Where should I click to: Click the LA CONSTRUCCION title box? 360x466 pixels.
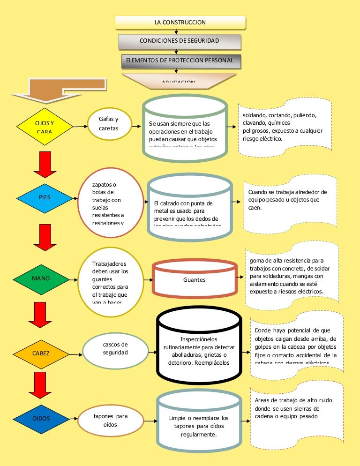click(x=180, y=23)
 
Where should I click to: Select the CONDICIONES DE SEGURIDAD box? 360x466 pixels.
click(x=180, y=41)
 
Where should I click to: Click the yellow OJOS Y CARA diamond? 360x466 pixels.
click(x=45, y=126)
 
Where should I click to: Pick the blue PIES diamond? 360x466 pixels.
click(x=45, y=197)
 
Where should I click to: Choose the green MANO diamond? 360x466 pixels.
click(x=41, y=278)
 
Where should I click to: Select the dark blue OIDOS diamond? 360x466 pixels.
click(x=41, y=418)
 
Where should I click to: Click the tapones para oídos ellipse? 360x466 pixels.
click(x=110, y=420)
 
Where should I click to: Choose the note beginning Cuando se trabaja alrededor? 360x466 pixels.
click(x=290, y=204)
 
